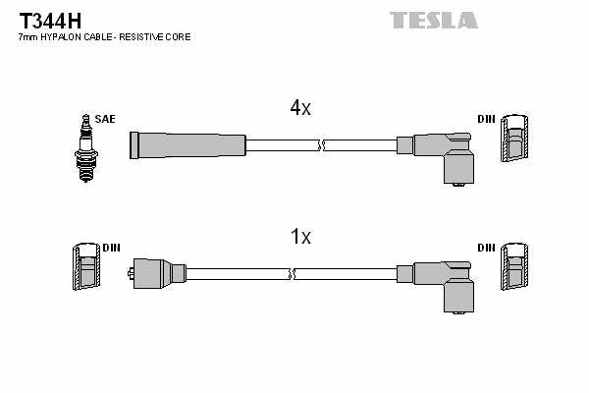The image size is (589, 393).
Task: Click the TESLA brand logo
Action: [433, 20]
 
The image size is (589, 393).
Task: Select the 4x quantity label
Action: [300, 109]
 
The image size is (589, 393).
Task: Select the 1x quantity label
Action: [300, 237]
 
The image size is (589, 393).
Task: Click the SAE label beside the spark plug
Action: [105, 119]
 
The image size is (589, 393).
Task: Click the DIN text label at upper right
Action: [486, 120]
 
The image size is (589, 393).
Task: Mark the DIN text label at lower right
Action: [486, 248]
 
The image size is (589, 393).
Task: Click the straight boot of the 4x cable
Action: [187, 144]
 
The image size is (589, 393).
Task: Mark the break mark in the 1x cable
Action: [292, 272]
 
